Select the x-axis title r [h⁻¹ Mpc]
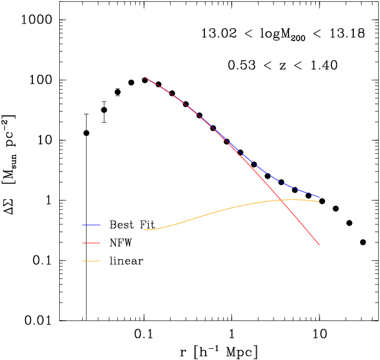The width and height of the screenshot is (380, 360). (214, 351)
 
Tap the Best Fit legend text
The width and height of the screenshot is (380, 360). (131, 224)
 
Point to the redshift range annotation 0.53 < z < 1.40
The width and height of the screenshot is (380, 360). (282, 65)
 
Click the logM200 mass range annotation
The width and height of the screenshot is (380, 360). (282, 34)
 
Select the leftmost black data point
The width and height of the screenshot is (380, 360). (86, 133)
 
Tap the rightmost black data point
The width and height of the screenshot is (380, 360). (363, 242)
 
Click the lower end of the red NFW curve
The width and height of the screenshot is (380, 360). (320, 245)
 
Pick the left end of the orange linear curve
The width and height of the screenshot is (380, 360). (145, 229)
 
